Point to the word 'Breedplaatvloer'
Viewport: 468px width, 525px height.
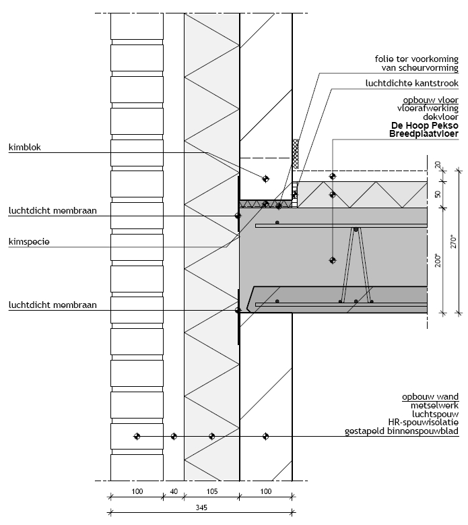click(424, 134)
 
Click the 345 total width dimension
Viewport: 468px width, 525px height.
click(201, 508)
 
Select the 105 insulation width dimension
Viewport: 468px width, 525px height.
click(211, 493)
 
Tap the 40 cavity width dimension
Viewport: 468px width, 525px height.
click(174, 493)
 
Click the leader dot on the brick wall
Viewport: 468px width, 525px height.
click(137, 437)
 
